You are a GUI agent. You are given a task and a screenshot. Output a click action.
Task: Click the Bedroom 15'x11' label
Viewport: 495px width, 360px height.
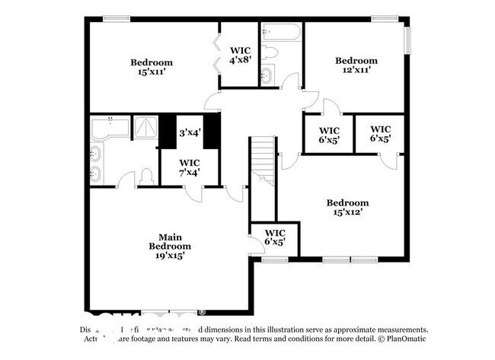(151, 67)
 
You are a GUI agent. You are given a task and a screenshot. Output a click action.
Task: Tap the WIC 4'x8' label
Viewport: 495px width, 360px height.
(240, 56)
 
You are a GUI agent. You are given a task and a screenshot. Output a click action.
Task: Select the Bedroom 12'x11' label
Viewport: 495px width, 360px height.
(356, 65)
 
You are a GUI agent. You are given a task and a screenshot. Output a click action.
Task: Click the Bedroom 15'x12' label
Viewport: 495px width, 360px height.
(347, 207)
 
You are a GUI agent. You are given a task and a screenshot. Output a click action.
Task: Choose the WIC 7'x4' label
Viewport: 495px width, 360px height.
(189, 167)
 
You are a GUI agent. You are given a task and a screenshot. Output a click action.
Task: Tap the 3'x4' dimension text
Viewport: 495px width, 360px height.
(190, 132)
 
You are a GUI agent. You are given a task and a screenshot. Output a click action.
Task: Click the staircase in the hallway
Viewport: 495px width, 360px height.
(263, 160)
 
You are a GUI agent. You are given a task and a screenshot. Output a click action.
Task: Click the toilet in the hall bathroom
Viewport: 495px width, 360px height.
(270, 53)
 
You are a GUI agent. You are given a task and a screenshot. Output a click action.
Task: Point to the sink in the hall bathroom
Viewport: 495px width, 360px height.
(267, 75)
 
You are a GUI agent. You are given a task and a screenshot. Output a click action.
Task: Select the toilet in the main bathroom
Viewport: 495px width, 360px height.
(147, 177)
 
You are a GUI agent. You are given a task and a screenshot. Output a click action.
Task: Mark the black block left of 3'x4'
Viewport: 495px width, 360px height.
(167, 132)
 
